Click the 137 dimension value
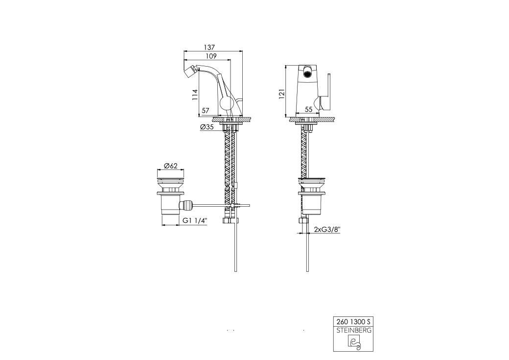(x=209, y=47)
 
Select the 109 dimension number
(x=211, y=56)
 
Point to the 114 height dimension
(x=195, y=95)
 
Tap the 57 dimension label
(x=206, y=111)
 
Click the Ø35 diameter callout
(x=207, y=127)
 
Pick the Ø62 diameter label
(x=170, y=166)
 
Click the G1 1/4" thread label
(x=194, y=220)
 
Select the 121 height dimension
(x=282, y=94)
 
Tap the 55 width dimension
(x=308, y=110)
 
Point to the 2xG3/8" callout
(x=327, y=229)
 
